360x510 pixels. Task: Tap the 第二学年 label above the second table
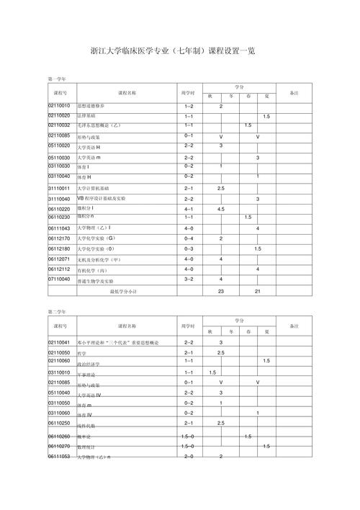tap(56, 312)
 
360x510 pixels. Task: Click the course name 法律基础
tap(89, 116)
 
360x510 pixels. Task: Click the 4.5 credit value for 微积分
tap(220, 209)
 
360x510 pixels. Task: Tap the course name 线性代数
tap(86, 426)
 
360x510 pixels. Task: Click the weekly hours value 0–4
tap(189, 238)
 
